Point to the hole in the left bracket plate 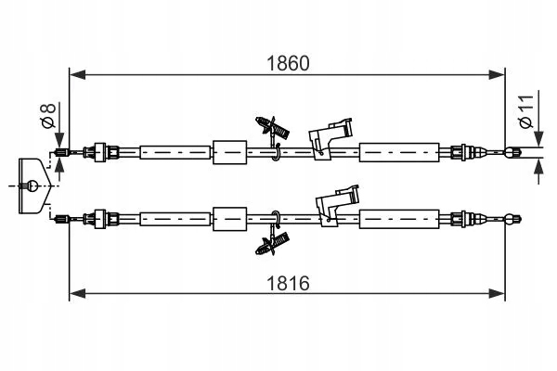[x=32, y=184]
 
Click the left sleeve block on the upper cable [x=229, y=151]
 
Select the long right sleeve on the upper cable [x=398, y=151]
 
